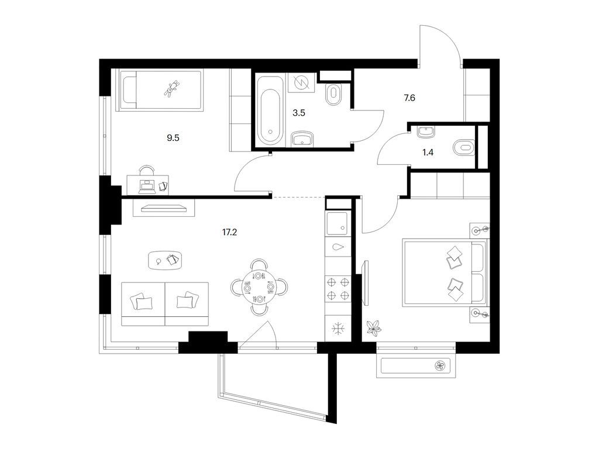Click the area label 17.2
[229, 232]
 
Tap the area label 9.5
[173, 138]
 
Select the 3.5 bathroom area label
[299, 113]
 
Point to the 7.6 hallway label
[409, 98]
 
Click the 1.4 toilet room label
[428, 153]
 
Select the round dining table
[259, 286]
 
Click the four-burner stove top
[338, 288]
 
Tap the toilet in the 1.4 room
[463, 147]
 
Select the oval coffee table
[165, 260]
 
